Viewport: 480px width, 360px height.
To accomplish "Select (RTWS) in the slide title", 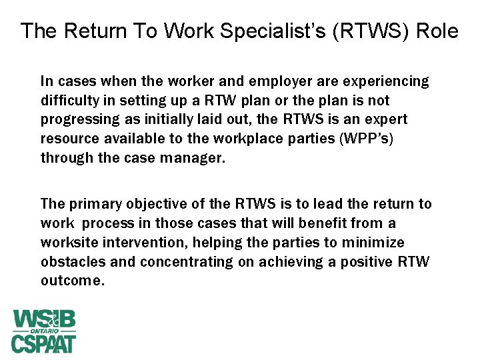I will point(361,31).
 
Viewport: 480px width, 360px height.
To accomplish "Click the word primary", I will point(93,203).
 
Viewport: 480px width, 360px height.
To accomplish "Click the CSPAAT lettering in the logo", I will point(44,344).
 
